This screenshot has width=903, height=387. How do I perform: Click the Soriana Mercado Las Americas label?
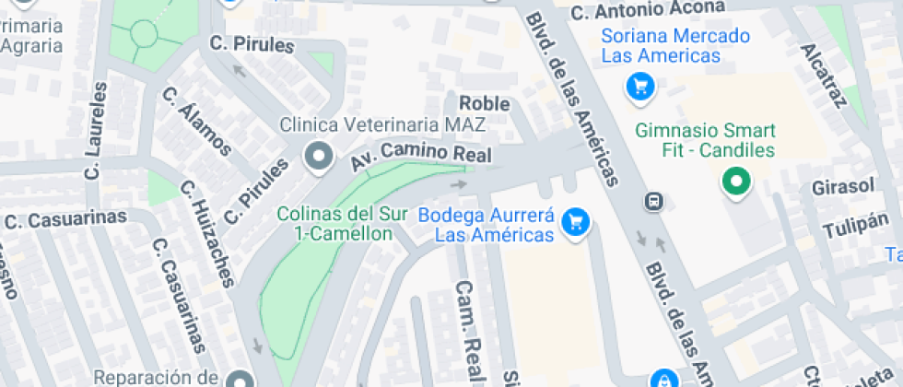[x=660, y=46]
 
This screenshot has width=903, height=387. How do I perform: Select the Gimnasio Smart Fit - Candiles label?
[x=705, y=140]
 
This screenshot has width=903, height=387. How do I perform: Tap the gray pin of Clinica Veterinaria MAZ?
[x=320, y=157]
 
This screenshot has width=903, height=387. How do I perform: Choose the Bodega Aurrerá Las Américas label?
[x=486, y=225]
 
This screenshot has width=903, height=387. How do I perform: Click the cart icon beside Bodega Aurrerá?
[x=577, y=221]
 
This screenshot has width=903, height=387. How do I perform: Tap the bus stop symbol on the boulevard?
[x=653, y=201]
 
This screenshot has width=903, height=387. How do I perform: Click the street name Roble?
[x=484, y=103]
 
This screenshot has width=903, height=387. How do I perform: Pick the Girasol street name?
[x=842, y=186]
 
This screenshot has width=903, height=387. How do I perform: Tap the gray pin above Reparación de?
[x=240, y=379]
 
